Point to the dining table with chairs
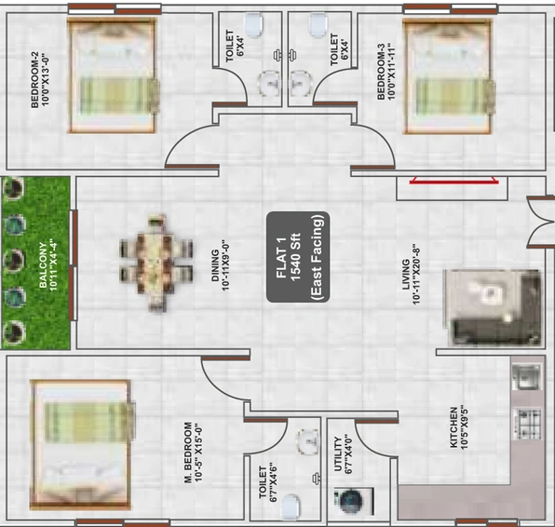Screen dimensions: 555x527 pos(156,263)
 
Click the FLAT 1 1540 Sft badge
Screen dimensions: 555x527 pos(298,257)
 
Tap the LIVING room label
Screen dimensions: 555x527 pos(406,275)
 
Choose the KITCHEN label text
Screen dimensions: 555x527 pos(453,427)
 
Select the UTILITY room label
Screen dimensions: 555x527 pos(338,453)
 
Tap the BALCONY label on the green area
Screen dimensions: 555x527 pos(43,264)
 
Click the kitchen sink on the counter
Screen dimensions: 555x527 pos(526,376)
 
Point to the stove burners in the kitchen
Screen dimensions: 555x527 pos(528,424)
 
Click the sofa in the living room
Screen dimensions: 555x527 pos(494,307)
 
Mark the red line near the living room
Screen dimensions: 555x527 pos(453,182)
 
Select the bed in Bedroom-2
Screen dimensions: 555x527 pos(113,75)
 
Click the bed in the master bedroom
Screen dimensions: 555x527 pos(83,444)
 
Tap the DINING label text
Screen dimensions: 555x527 pos(215,265)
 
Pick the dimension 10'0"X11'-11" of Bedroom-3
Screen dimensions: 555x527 pos(390,72)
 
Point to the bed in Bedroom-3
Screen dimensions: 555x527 pos(449,76)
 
